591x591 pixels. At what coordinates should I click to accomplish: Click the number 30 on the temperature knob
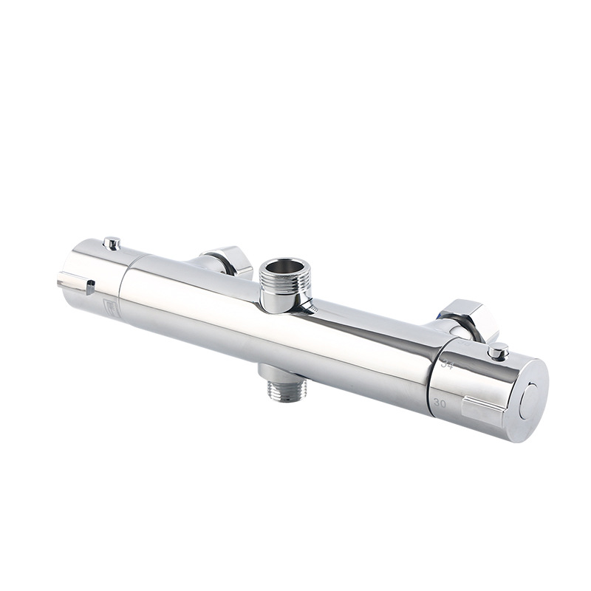(440, 403)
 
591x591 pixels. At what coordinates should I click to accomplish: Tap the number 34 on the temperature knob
(446, 364)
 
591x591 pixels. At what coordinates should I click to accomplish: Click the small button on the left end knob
(112, 242)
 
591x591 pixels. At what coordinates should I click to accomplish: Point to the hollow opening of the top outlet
(284, 267)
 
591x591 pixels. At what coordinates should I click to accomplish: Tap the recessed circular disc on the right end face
(530, 400)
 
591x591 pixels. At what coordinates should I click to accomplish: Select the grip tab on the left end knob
(75, 283)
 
